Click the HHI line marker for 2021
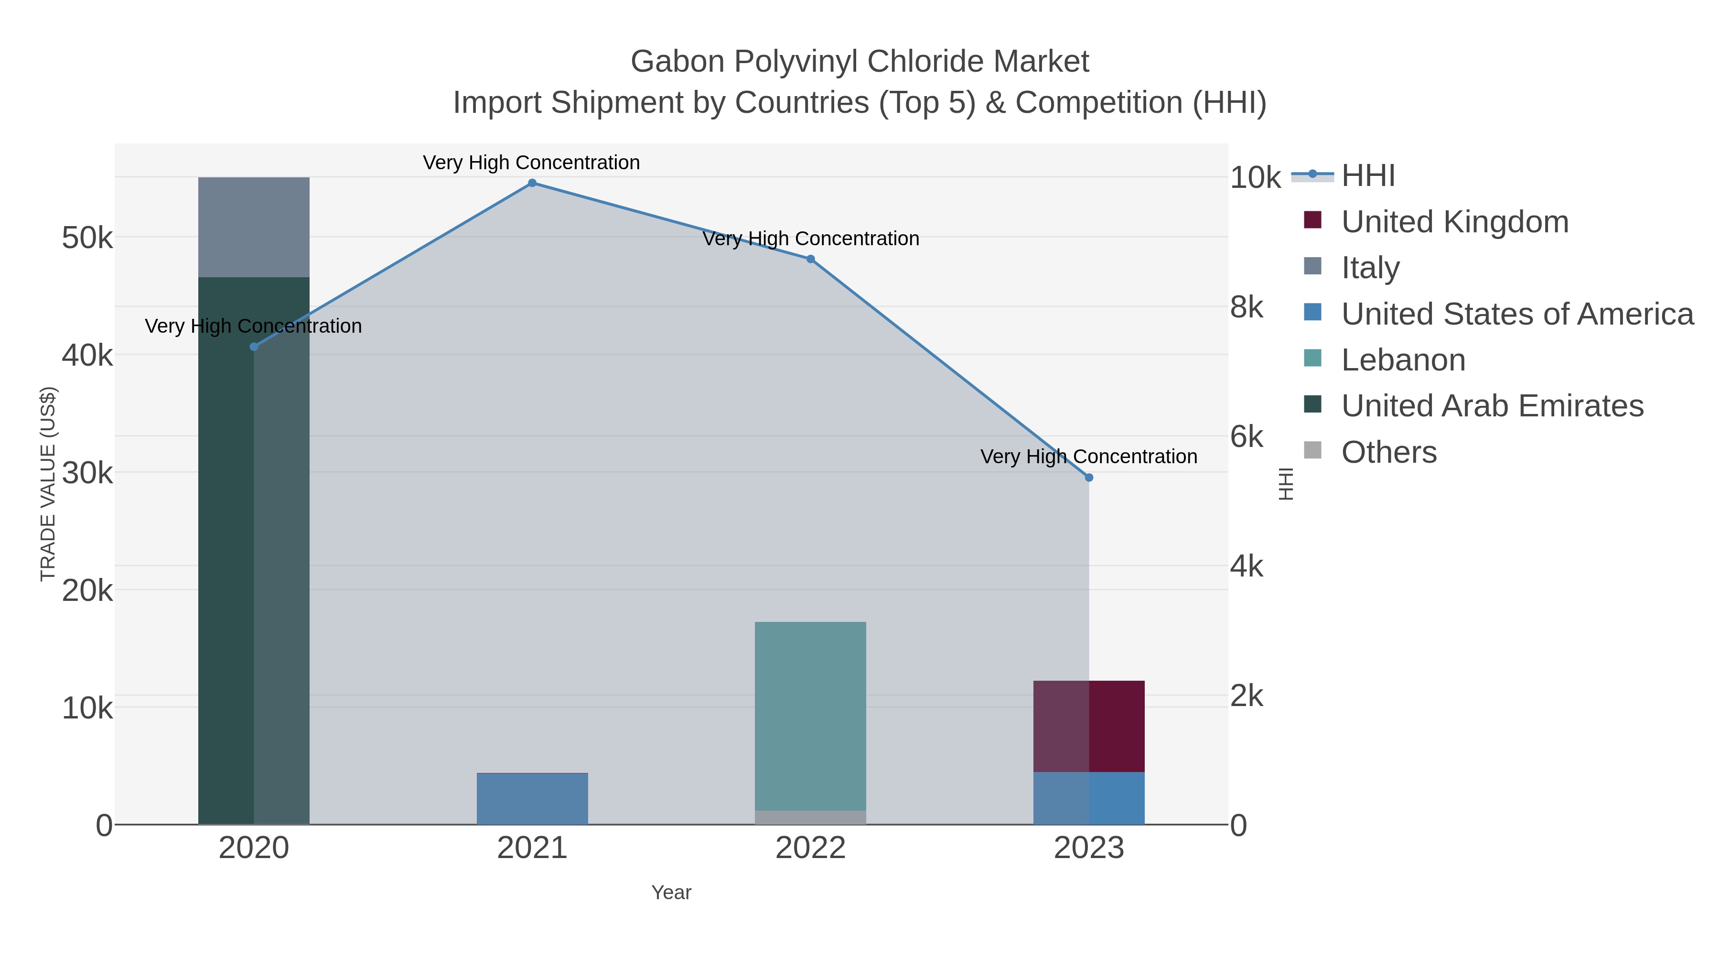point(532,183)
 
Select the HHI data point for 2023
point(1089,478)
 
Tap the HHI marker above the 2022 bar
point(811,259)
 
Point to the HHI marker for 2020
point(254,347)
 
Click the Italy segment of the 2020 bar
point(254,227)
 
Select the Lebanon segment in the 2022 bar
point(811,715)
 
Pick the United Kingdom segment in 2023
point(1089,726)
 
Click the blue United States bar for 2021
point(532,799)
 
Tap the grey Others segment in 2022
point(811,818)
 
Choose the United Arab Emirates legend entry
point(1492,406)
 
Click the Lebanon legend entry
point(1403,360)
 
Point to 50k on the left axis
point(87,238)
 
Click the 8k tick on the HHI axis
point(1247,308)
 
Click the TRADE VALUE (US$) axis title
point(48,484)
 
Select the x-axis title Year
point(671,892)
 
